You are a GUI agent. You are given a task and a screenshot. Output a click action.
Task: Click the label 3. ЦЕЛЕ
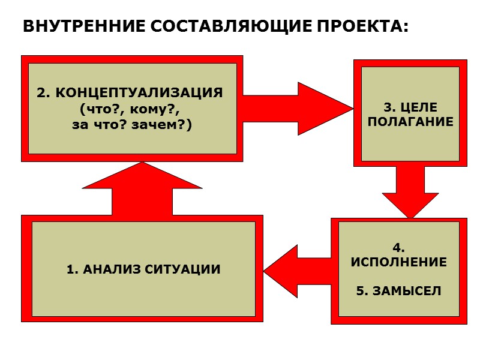pyautogui.click(x=410, y=108)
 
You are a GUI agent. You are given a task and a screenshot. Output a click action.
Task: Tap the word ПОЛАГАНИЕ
pyautogui.click(x=410, y=121)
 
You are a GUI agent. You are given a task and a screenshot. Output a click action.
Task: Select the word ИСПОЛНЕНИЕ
pyautogui.click(x=398, y=262)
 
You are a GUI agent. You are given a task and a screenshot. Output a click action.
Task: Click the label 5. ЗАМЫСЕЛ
pyautogui.click(x=398, y=291)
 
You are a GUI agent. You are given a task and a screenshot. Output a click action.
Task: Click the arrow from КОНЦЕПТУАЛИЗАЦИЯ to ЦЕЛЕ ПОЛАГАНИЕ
pyautogui.click(x=300, y=109)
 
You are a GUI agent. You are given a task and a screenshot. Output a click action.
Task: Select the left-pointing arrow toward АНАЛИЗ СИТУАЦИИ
pyautogui.click(x=297, y=271)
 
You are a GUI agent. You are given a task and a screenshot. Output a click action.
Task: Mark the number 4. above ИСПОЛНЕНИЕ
pyautogui.click(x=398, y=248)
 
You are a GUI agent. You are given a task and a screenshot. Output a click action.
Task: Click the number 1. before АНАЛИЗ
pyautogui.click(x=73, y=269)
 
